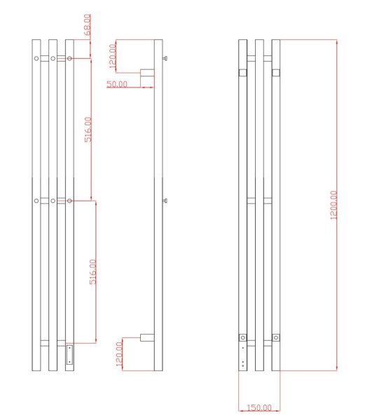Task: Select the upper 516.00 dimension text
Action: [x=88, y=130]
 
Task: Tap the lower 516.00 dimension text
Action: [x=92, y=272]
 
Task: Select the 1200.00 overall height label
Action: [x=333, y=205]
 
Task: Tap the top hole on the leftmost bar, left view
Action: [x=36, y=59]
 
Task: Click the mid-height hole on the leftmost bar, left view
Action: [x=36, y=202]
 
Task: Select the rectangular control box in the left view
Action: [x=69, y=356]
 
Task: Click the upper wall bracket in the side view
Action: [x=147, y=73]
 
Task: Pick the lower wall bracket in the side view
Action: [x=147, y=337]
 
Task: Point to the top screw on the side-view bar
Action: [x=165, y=59]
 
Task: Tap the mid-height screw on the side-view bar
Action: [x=165, y=201]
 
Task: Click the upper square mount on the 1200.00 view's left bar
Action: [x=243, y=72]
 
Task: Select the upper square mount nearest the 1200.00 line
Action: [x=276, y=72]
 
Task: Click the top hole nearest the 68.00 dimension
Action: [x=69, y=59]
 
